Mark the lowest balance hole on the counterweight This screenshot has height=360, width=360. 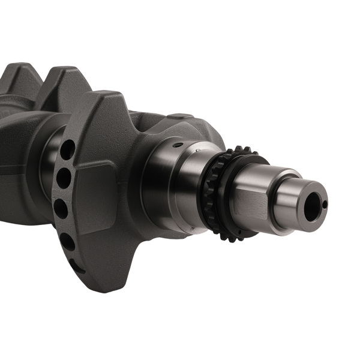point(77,266)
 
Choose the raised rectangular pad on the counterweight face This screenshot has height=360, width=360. point(96,198)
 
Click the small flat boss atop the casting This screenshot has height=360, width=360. point(180,116)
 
